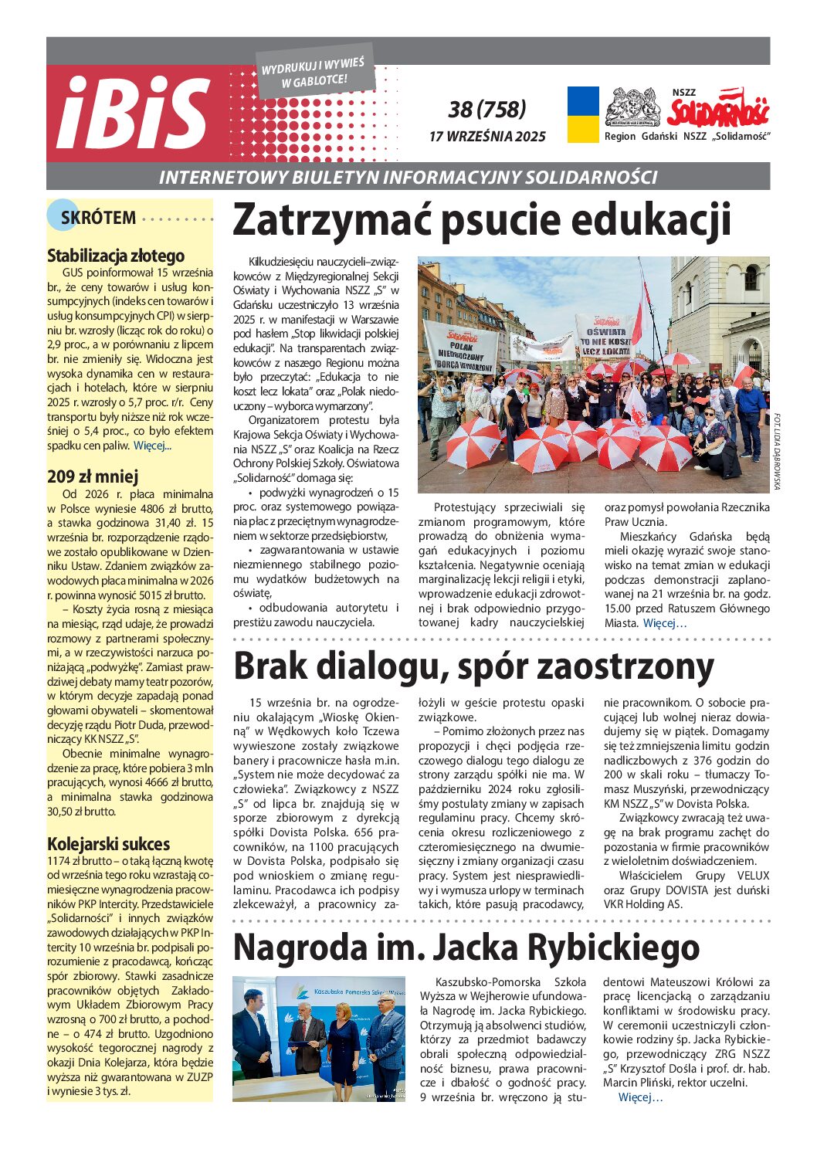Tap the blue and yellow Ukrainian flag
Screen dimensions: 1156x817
(x=583, y=114)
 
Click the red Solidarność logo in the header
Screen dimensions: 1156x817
(x=718, y=110)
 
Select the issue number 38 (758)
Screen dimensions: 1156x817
(x=487, y=109)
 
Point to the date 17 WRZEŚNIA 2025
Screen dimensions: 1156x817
(x=487, y=137)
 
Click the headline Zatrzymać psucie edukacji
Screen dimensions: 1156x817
(x=481, y=220)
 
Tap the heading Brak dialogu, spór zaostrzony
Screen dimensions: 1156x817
(x=473, y=666)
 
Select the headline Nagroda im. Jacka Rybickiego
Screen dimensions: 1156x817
(x=466, y=947)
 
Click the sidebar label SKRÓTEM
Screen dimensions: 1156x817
(x=98, y=218)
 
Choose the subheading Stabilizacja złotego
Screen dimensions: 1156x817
(x=116, y=256)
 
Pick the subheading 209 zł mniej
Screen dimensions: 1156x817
(x=93, y=476)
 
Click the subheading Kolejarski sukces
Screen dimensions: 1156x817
(x=108, y=843)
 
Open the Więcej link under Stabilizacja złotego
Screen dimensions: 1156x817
(x=152, y=446)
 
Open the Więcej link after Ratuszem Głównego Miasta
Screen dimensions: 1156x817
(x=664, y=623)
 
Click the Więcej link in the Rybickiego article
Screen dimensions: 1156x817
(x=640, y=1097)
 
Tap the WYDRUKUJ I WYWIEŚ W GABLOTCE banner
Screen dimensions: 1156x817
(x=314, y=72)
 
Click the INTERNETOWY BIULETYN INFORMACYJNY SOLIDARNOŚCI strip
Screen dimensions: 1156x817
(x=408, y=177)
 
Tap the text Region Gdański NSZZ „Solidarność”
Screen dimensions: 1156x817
(x=687, y=137)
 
